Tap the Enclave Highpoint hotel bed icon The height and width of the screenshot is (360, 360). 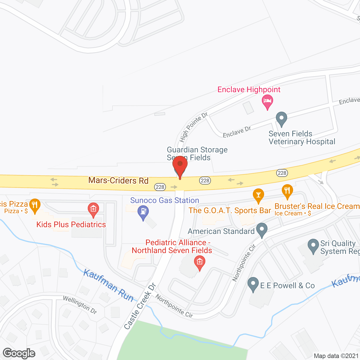point(267,101)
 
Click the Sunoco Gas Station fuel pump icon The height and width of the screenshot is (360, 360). point(143,211)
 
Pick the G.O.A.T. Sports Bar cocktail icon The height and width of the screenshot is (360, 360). point(258,195)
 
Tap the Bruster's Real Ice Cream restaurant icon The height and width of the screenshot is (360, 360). point(287,191)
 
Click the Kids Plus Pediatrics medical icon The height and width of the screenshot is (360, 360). point(93,209)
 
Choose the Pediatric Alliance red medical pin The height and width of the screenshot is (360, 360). point(199,262)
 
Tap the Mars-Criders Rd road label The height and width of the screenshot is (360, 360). point(118,181)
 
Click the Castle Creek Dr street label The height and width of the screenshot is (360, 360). point(140,307)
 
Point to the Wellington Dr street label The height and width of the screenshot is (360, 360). point(80,305)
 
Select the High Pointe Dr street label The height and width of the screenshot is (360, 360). point(193,127)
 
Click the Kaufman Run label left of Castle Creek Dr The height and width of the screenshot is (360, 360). point(109,285)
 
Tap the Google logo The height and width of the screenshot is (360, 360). point(19,353)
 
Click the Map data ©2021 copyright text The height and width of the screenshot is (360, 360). point(336,356)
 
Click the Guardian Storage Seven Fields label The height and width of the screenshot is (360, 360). point(197,154)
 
